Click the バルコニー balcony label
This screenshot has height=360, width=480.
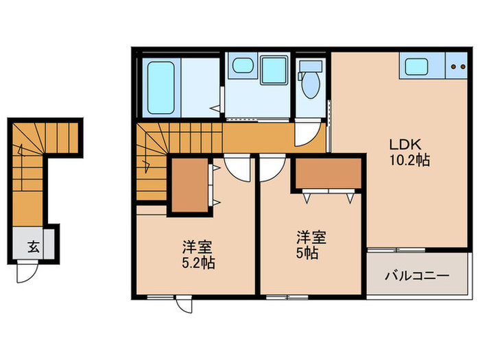click(x=416, y=276)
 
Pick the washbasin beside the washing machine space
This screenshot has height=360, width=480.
click(x=242, y=67)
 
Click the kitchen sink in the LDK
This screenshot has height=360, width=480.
click(x=417, y=67)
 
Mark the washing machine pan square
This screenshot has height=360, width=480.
click(x=275, y=68)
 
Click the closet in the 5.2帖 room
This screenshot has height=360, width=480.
click(x=189, y=184)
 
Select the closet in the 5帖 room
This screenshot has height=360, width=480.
click(x=327, y=173)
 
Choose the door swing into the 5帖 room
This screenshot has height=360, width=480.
click(x=272, y=166)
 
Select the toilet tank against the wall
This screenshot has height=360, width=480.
click(x=311, y=66)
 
